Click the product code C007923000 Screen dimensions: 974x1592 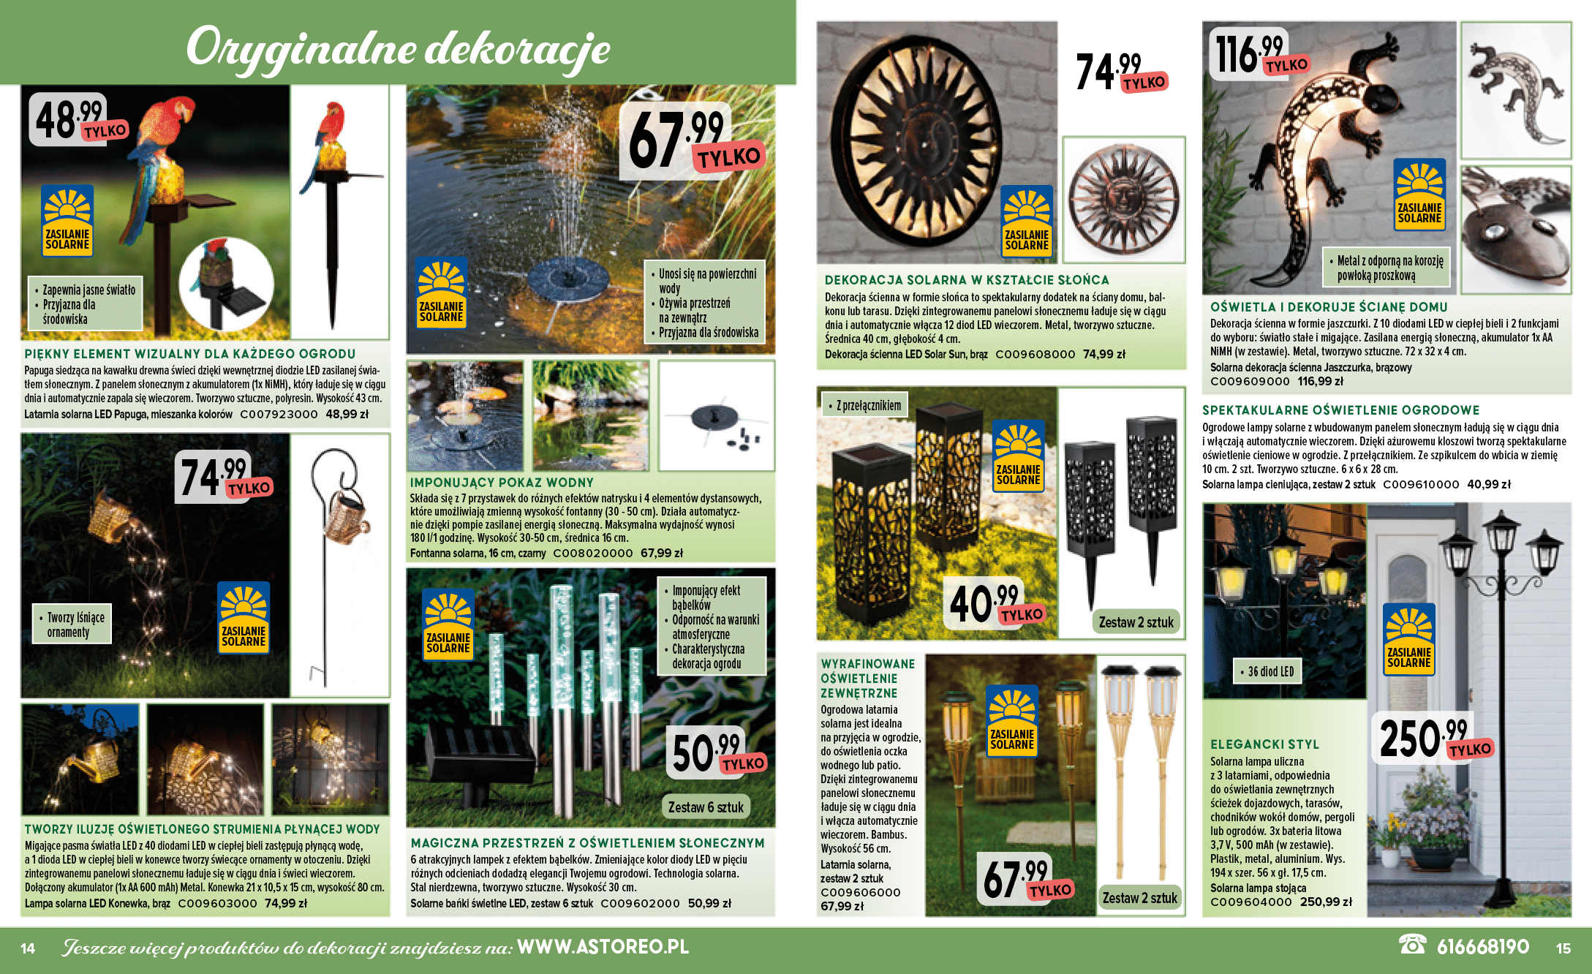click(279, 414)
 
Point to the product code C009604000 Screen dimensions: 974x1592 click(1250, 902)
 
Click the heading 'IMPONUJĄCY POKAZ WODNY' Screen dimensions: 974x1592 click(502, 483)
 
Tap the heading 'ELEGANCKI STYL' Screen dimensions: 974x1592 click(1264, 744)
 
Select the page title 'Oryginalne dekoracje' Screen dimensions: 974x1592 click(398, 48)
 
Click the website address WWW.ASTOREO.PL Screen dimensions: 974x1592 click(603, 947)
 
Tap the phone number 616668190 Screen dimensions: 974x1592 click(1482, 947)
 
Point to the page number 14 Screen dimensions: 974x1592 click(28, 948)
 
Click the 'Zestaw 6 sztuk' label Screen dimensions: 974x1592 click(706, 807)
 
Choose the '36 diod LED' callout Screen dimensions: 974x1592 click(1270, 671)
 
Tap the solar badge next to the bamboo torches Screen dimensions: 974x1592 click(1011, 721)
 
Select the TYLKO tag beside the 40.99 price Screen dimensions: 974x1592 click(1022, 615)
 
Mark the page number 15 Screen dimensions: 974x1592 click(1563, 948)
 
